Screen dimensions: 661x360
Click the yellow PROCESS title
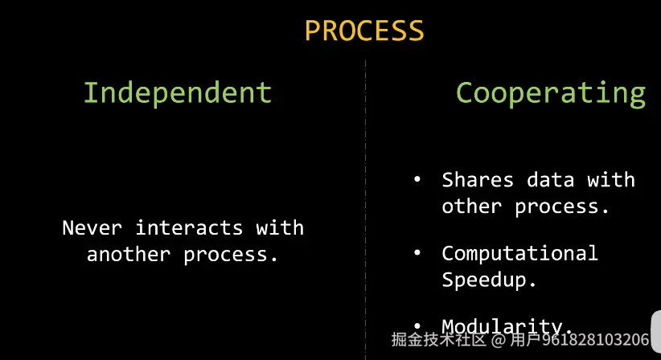(364, 31)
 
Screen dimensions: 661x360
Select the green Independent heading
(178, 92)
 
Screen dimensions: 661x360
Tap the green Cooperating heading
(551, 94)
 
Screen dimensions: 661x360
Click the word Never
(92, 227)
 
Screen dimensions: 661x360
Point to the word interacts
(189, 227)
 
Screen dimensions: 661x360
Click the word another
(129, 254)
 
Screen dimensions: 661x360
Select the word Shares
(478, 180)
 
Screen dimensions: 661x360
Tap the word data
(551, 180)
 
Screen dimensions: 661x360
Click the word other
(472, 207)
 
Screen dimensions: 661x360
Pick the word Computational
(519, 253)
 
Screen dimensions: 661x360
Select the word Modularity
(502, 327)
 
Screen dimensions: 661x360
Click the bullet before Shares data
(417, 180)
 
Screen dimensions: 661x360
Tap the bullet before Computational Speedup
(417, 253)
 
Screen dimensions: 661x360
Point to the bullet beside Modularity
(417, 326)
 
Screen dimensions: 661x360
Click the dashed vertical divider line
(366, 210)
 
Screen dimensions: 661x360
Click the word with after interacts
(280, 227)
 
